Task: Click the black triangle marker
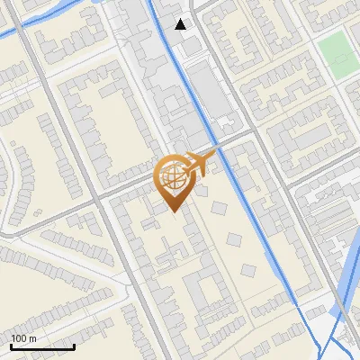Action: (182, 24)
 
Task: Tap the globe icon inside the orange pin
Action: (171, 176)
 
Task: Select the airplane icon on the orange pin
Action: (201, 165)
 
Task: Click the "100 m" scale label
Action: (23, 338)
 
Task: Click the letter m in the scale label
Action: (31, 338)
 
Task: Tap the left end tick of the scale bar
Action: (11, 346)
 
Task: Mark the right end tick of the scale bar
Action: (74, 346)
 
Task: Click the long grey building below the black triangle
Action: (210, 94)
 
